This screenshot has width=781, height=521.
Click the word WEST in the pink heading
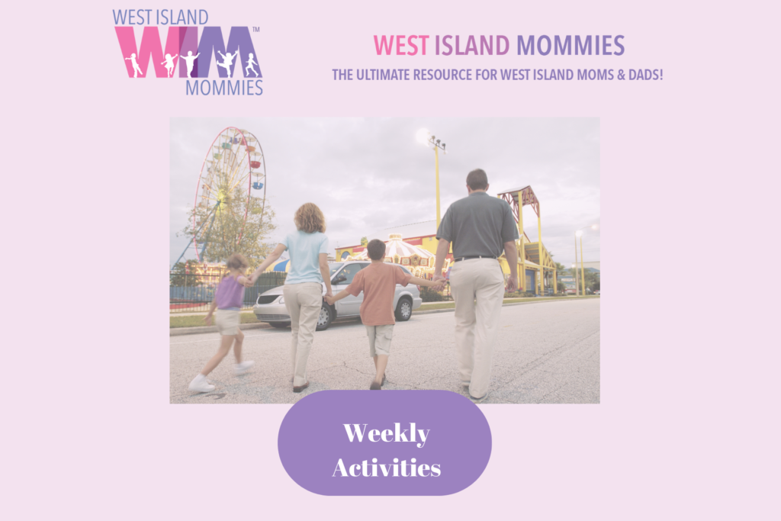401,45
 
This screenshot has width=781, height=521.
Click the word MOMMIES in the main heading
570,45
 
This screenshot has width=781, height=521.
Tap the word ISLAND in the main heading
472,45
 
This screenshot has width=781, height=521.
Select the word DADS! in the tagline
645,75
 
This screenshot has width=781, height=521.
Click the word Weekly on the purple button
387,433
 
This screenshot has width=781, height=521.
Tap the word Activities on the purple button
387,468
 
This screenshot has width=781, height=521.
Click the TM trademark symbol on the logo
256,30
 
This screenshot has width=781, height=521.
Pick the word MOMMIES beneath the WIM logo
224,88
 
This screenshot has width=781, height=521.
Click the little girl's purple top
230,291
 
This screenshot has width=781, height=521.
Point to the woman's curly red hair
310,218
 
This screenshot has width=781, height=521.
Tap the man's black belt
476,258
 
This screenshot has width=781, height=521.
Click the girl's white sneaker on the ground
201,384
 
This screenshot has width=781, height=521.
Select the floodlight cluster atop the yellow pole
437,143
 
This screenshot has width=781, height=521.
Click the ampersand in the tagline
621,75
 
